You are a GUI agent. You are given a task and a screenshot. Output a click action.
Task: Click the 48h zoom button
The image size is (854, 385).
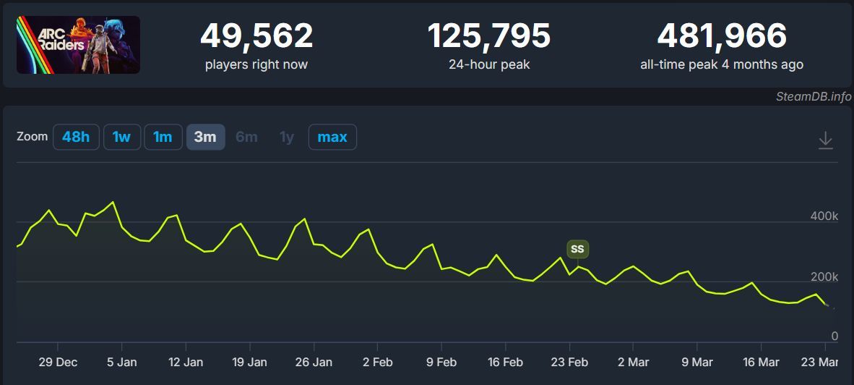point(76,137)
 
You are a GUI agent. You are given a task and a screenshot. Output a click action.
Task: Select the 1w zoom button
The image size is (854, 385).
point(121,137)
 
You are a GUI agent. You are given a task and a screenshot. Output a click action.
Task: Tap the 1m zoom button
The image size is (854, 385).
point(163,137)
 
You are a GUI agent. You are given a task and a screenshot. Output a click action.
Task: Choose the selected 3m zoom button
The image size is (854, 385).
point(205,137)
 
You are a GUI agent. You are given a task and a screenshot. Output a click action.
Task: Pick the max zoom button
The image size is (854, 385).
point(332,137)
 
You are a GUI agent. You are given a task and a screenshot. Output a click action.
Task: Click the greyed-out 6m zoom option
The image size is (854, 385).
point(246,137)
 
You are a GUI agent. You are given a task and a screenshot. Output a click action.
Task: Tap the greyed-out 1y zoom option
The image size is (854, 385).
point(287,137)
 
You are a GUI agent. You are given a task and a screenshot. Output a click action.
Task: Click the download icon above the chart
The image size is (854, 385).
point(826,140)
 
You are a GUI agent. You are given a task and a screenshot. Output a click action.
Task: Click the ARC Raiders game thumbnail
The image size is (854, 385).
point(78,45)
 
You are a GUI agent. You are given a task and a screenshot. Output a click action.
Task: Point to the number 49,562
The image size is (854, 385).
point(256,36)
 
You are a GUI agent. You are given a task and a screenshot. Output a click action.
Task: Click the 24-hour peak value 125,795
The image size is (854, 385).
point(489,36)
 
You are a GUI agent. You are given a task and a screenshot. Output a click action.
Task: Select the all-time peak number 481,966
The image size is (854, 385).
point(722,36)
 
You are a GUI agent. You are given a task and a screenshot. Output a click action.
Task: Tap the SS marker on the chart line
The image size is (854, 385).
point(577,249)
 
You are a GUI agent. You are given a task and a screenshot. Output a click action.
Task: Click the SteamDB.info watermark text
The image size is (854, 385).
point(814,97)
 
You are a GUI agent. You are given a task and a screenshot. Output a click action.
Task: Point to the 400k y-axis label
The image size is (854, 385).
point(824,216)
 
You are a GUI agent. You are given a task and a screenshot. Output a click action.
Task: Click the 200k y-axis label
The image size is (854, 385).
point(824,277)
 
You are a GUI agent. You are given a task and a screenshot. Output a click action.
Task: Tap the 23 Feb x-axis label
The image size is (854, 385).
point(569,362)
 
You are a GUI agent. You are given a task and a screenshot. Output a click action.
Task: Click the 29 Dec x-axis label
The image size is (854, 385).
point(57,362)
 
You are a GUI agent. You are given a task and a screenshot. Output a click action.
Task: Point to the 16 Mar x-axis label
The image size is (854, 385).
point(761,362)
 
